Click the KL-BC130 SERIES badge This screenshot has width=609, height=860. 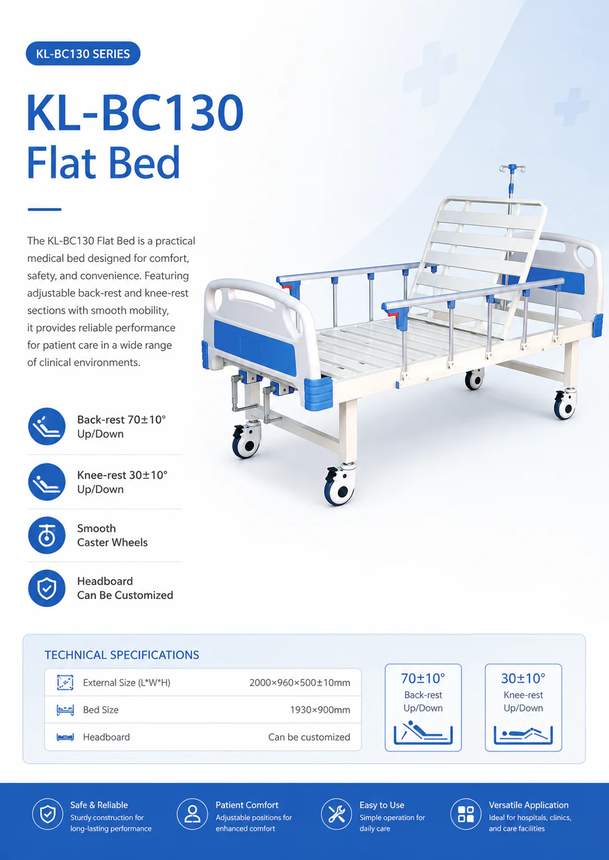83,54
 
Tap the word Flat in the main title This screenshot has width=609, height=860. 61,163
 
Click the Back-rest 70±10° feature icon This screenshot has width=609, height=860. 47,426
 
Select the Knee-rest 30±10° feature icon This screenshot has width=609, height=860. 47,482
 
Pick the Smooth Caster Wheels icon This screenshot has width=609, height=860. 47,535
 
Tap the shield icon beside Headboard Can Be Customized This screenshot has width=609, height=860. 47,588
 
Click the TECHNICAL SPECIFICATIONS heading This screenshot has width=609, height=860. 122,655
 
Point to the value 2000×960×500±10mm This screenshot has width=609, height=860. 300,682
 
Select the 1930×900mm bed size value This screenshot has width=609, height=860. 320,710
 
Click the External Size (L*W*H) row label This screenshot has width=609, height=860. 126,682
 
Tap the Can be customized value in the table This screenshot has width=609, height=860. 309,737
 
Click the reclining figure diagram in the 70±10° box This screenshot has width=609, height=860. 423,733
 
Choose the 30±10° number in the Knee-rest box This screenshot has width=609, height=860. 524,678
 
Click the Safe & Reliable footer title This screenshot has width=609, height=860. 99,805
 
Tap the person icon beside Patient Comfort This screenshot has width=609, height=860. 192,814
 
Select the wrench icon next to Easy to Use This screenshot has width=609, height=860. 337,814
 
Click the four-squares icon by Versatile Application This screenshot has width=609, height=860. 466,814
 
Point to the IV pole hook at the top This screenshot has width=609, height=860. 512,168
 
